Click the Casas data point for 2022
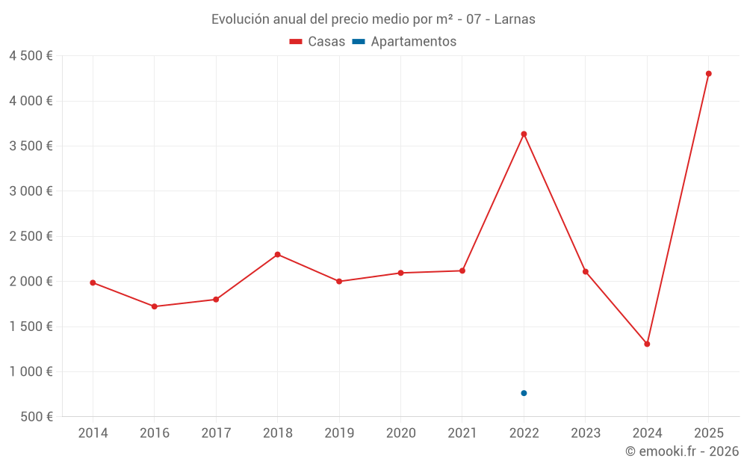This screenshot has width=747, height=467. click(524, 134)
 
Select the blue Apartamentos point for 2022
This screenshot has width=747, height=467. click(524, 393)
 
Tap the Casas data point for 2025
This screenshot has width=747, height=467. click(708, 73)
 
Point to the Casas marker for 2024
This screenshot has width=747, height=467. click(647, 344)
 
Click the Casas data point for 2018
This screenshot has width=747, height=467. click(277, 254)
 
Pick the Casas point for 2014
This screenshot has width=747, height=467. click(93, 282)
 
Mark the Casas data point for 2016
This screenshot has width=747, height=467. click(154, 306)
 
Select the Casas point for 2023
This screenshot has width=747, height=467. click(586, 271)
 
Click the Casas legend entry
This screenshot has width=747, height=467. click(317, 42)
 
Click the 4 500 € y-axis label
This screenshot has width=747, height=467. click(31, 56)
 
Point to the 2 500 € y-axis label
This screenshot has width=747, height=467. click(31, 236)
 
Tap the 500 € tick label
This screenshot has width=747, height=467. click(35, 416)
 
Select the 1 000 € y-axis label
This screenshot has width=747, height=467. click(31, 371)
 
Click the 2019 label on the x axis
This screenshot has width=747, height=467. click(339, 433)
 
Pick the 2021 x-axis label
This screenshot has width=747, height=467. click(462, 433)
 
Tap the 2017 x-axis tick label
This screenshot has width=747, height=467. click(216, 433)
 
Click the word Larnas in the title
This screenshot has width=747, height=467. click(515, 19)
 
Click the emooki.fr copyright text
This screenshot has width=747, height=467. click(681, 451)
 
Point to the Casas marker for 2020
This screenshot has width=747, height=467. click(400, 273)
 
